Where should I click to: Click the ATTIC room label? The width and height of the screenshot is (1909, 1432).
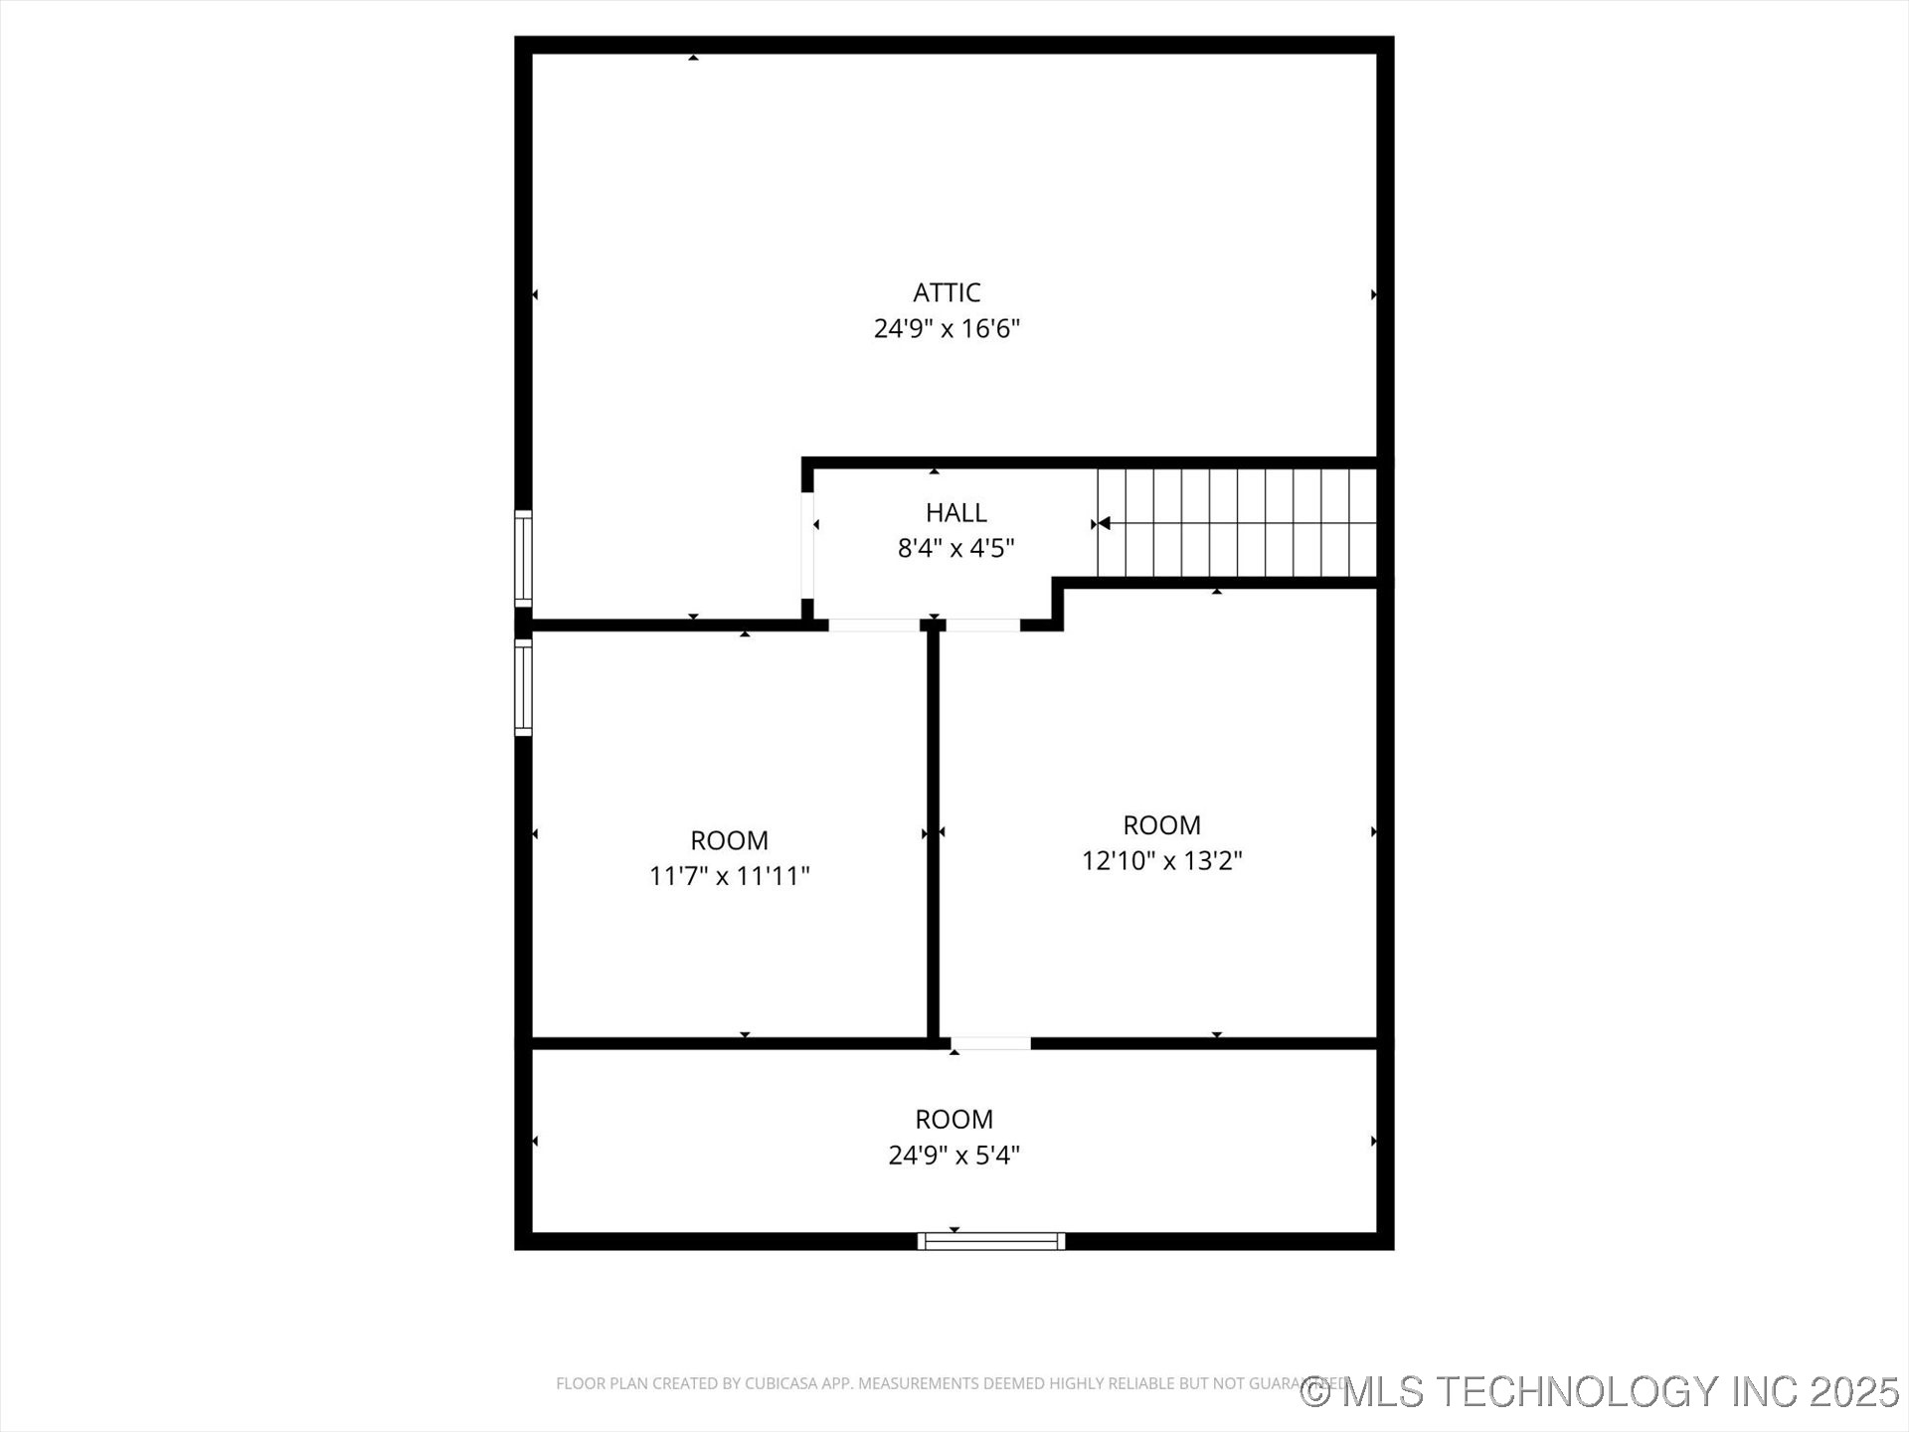pyautogui.click(x=947, y=292)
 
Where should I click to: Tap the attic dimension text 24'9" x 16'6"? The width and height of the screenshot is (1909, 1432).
pyautogui.click(x=947, y=328)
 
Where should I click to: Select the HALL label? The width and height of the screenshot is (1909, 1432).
pyautogui.click(x=955, y=512)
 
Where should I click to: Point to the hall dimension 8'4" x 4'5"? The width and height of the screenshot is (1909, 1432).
pyautogui.click(x=955, y=548)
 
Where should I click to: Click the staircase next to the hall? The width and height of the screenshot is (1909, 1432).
pyautogui.click(x=1237, y=523)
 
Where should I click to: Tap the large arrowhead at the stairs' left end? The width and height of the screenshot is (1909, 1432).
pyautogui.click(x=1104, y=523)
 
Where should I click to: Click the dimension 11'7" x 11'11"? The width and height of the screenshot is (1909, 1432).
pyautogui.click(x=729, y=876)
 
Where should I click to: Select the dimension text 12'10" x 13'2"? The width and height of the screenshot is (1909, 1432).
pyautogui.click(x=1161, y=860)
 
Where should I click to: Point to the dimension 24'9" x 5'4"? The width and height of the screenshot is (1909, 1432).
pyautogui.click(x=954, y=1155)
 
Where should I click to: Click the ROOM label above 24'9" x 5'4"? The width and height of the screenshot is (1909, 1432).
pyautogui.click(x=954, y=1119)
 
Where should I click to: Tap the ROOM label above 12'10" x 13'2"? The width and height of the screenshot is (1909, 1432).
pyautogui.click(x=1161, y=824)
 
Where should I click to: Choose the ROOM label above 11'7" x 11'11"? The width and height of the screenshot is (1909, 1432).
pyautogui.click(x=729, y=840)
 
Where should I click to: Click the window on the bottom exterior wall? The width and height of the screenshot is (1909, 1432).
pyautogui.click(x=990, y=1241)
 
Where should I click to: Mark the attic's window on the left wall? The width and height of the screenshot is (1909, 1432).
pyautogui.click(x=523, y=558)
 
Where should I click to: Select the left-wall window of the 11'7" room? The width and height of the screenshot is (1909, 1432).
pyautogui.click(x=523, y=687)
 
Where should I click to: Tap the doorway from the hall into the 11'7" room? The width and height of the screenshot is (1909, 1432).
pyautogui.click(x=874, y=625)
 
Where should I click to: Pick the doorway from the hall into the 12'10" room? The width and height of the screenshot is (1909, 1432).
pyautogui.click(x=982, y=625)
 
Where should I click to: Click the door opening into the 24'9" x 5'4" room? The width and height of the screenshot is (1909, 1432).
pyautogui.click(x=990, y=1043)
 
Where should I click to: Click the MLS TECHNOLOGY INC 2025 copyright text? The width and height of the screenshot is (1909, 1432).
pyautogui.click(x=1600, y=1391)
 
